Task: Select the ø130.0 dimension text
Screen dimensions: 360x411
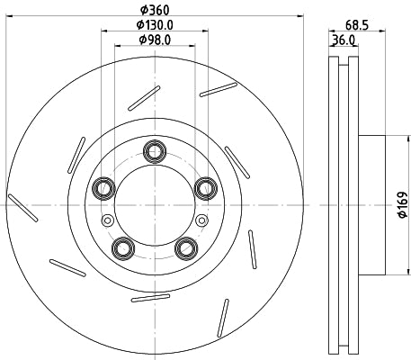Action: click(x=152, y=25)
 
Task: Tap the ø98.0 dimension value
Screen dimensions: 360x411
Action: click(x=152, y=40)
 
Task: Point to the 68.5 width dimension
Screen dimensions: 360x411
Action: click(x=357, y=25)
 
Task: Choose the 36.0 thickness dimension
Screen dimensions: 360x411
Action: click(x=341, y=40)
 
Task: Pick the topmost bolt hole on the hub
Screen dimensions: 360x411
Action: click(x=152, y=148)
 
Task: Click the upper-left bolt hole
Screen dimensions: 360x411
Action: click(x=102, y=187)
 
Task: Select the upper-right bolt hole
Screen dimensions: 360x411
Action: click(x=204, y=187)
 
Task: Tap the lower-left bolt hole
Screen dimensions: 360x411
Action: click(x=121, y=247)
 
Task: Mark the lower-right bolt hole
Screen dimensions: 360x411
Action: click(x=184, y=247)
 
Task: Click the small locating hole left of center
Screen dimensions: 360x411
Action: click(x=108, y=220)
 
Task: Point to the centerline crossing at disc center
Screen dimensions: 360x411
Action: click(x=152, y=205)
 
